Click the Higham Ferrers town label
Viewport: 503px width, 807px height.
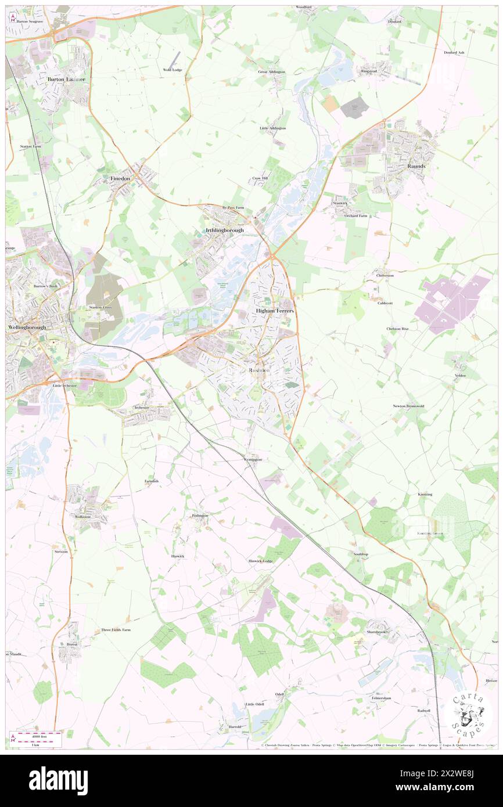point(275,311)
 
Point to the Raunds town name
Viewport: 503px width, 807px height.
point(416,166)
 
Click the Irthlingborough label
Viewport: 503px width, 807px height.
point(224,230)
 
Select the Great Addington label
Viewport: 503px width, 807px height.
point(271,71)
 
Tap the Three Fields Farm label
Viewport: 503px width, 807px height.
point(116,630)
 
